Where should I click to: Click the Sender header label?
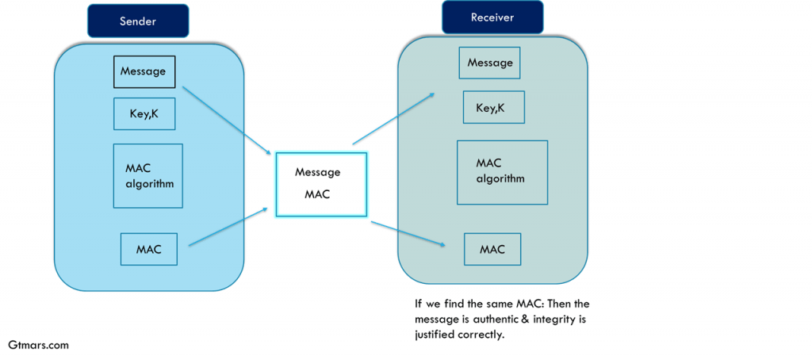point(138,21)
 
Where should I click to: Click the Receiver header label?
point(492,17)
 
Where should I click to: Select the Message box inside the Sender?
point(144,71)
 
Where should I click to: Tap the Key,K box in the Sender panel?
point(144,114)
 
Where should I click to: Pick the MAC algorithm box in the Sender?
point(148,176)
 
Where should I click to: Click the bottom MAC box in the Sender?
point(148,249)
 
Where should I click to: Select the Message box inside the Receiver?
point(489,63)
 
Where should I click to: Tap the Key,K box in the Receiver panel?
point(493,107)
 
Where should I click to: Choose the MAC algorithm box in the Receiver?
point(502,170)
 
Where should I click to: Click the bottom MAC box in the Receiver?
point(492,249)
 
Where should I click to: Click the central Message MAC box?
point(320,184)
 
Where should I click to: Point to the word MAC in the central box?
point(317,194)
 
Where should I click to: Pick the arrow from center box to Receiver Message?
point(393,118)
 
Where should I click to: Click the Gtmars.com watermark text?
point(38,346)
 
